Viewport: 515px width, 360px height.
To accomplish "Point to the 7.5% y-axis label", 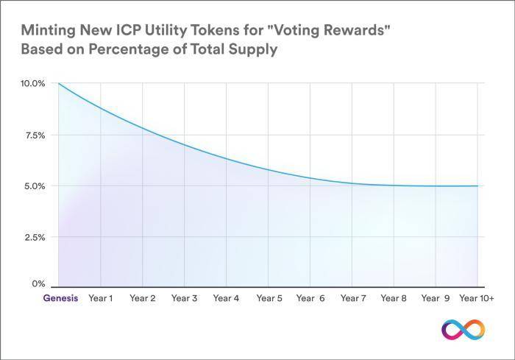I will pos(34,135).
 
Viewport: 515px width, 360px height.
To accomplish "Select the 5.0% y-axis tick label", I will pos(34,186).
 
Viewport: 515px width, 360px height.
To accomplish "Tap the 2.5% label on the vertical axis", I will pos(34,238).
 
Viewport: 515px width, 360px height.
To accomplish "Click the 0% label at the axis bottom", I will pos(38,283).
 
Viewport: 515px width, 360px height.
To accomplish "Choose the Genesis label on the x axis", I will pos(59,299).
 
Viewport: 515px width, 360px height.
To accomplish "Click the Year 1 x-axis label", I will pos(100,299).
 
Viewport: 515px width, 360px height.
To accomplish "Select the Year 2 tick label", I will pos(142,299).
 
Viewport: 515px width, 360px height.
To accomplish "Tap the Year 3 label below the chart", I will pos(184,299).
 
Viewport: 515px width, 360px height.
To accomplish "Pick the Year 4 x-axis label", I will pos(226,299).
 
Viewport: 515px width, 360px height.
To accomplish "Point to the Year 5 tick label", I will pos(269,299).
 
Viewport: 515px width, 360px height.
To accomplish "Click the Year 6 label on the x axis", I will pos(310,299).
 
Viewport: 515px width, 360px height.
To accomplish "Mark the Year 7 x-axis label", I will pos(353,299).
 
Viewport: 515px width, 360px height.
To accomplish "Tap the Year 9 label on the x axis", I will pos(436,299).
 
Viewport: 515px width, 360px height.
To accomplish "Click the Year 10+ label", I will pos(477,299).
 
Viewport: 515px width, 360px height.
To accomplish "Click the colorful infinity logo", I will pos(464,329).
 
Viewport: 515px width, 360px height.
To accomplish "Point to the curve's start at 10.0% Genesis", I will pos(58,84).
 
